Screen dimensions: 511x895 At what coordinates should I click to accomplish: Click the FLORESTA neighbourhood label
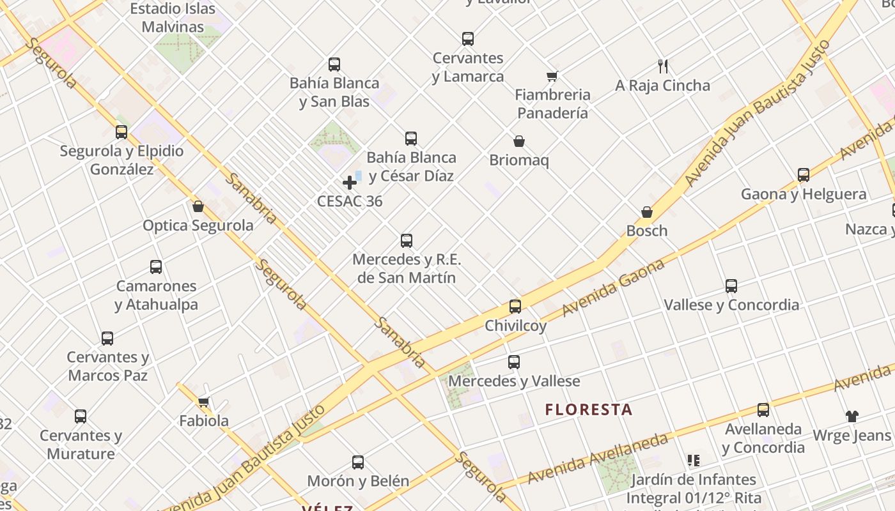pyautogui.click(x=589, y=409)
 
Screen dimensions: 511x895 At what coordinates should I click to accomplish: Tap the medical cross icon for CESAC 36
pyautogui.click(x=350, y=183)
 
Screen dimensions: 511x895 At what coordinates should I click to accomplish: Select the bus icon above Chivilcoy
pyautogui.click(x=515, y=307)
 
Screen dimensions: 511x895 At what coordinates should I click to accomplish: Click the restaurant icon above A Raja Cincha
pyautogui.click(x=663, y=66)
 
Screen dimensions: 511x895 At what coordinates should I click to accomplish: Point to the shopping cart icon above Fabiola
pyautogui.click(x=204, y=402)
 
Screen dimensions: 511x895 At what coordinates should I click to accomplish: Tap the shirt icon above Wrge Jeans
pyautogui.click(x=852, y=416)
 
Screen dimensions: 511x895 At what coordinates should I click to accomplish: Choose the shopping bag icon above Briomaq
pyautogui.click(x=519, y=141)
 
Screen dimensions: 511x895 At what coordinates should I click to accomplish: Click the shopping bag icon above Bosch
pyautogui.click(x=647, y=212)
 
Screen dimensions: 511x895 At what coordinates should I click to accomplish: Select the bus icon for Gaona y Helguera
pyautogui.click(x=804, y=175)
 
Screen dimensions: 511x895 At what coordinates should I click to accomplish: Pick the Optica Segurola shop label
pyautogui.click(x=198, y=225)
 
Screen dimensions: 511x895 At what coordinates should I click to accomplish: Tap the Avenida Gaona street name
pyautogui.click(x=614, y=288)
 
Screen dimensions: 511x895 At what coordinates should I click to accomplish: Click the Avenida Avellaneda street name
pyautogui.click(x=597, y=458)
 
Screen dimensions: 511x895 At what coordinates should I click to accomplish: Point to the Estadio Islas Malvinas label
pyautogui.click(x=173, y=18)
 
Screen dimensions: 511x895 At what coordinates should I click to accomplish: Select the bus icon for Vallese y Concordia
pyautogui.click(x=731, y=286)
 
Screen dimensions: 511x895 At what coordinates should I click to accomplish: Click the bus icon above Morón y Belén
pyautogui.click(x=358, y=462)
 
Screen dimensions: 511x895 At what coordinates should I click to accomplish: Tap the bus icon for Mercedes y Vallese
pyautogui.click(x=514, y=362)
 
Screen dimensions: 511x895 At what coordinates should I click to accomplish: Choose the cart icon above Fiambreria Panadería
pyautogui.click(x=552, y=76)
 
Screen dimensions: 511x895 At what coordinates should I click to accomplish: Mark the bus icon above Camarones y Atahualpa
pyautogui.click(x=156, y=267)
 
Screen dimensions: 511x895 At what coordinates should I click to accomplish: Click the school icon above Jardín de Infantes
pyautogui.click(x=694, y=460)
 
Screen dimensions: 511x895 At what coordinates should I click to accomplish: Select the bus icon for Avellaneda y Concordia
pyautogui.click(x=763, y=410)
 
